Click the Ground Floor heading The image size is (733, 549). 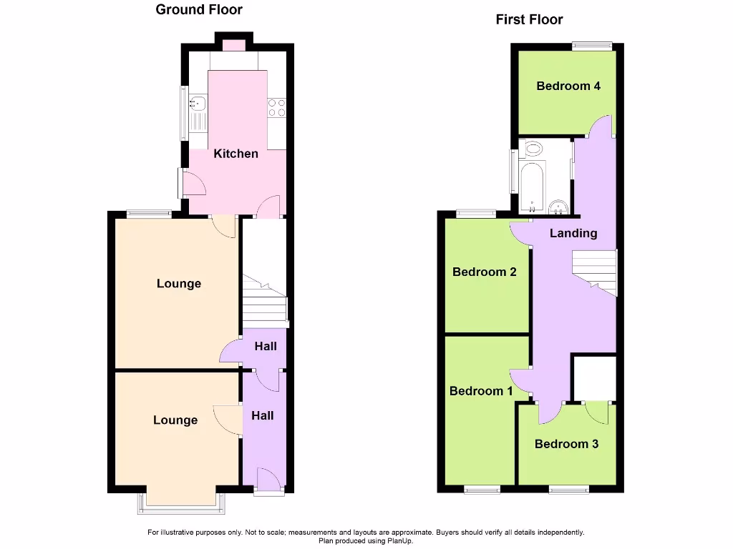(x=199, y=10)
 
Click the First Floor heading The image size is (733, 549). (x=529, y=20)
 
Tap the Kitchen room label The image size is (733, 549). (x=236, y=154)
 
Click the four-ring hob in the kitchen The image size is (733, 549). (x=276, y=107)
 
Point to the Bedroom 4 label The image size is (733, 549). (x=568, y=86)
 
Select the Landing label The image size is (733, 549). (x=573, y=233)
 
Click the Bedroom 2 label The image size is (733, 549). (x=484, y=272)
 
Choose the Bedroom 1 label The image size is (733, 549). (x=481, y=391)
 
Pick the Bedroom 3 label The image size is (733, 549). (x=566, y=444)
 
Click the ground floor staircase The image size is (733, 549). (x=264, y=300)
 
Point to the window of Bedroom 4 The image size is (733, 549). (x=592, y=46)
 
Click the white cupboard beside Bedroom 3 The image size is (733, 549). (x=595, y=377)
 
